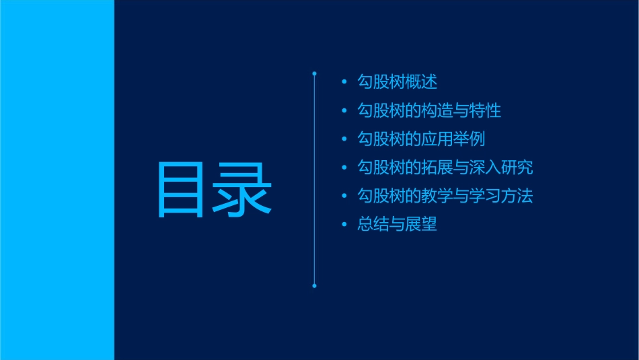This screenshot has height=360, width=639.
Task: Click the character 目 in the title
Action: [181, 190]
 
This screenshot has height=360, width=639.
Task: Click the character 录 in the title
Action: [243, 190]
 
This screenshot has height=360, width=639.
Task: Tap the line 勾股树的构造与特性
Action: [429, 110]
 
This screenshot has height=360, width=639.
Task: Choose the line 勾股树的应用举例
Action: [421, 139]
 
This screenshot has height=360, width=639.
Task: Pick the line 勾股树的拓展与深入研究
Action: [445, 168]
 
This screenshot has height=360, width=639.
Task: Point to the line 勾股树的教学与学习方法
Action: [445, 196]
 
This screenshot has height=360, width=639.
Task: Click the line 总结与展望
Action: [398, 224]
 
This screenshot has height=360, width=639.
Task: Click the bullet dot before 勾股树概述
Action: [344, 83]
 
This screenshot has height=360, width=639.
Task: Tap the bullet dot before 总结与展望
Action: [344, 225]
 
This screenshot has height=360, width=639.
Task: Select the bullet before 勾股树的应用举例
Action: [344, 140]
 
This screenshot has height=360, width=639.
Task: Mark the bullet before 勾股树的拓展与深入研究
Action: [344, 168]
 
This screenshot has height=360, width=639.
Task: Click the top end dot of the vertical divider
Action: [314, 72]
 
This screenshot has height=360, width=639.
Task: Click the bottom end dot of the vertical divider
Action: [314, 286]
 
